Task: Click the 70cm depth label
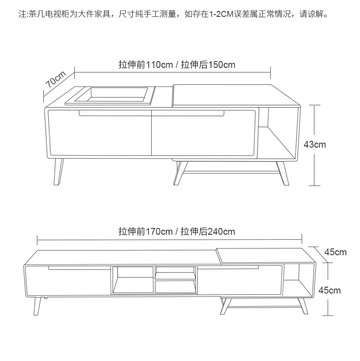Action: click(x=56, y=79)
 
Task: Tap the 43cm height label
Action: click(x=314, y=144)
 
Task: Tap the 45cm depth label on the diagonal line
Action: click(x=335, y=252)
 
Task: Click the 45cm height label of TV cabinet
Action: click(x=329, y=290)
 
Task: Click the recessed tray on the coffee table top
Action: click(x=110, y=96)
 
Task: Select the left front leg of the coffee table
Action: click(x=58, y=172)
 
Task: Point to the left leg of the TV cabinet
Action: click(x=37, y=306)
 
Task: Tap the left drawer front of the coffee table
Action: click(x=99, y=133)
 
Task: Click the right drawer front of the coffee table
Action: click(x=204, y=133)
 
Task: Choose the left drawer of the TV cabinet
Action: click(x=68, y=281)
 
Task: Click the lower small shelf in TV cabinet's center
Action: click(x=175, y=287)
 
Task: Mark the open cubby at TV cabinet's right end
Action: click(x=298, y=281)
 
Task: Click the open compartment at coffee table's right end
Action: click(x=278, y=133)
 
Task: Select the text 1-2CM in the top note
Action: click(x=221, y=14)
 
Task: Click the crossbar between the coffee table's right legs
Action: click(x=231, y=172)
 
